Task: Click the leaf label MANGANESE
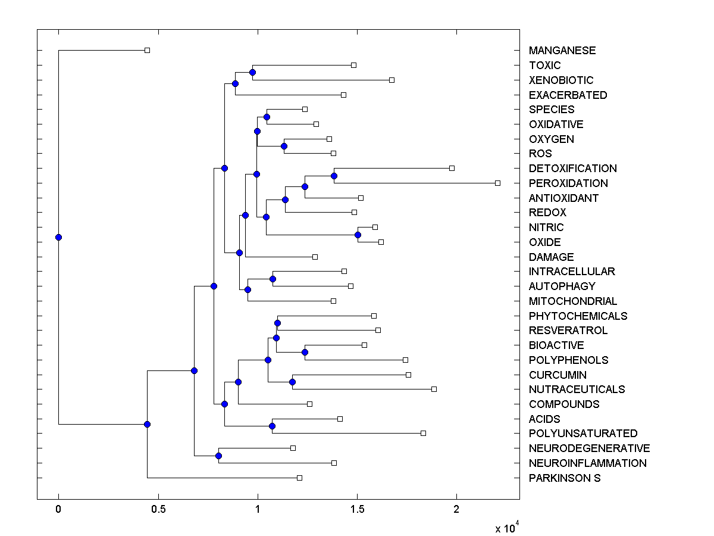(562, 51)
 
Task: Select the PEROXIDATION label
(568, 183)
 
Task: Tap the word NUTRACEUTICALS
(577, 389)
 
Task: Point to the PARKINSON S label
(564, 478)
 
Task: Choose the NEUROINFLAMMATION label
(587, 463)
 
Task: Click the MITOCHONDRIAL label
(572, 301)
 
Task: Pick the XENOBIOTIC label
(560, 80)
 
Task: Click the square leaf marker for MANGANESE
(148, 50)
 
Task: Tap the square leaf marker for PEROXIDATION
(497, 183)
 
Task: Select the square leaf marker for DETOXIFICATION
(452, 168)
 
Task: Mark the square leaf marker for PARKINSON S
(299, 478)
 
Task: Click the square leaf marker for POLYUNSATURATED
(423, 433)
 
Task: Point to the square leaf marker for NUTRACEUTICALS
(434, 389)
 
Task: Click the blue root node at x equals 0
(58, 237)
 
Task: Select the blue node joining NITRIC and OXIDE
(358, 235)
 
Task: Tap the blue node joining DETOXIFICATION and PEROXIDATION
(334, 176)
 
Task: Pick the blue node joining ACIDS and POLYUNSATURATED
(272, 426)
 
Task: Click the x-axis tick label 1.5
(357, 509)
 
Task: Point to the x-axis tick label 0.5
(158, 509)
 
